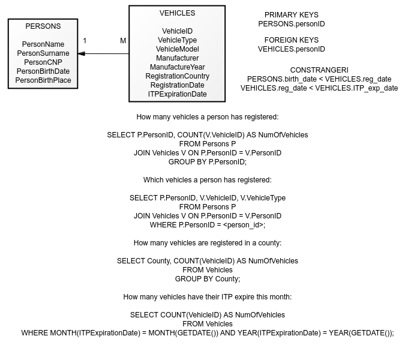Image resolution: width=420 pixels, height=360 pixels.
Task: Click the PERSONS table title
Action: pyautogui.click(x=43, y=26)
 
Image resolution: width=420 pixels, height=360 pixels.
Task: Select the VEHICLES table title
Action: pyautogui.click(x=178, y=13)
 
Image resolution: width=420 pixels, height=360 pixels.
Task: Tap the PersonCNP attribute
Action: pyautogui.click(x=43, y=62)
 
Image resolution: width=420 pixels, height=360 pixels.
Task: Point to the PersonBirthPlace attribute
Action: pyautogui.click(x=43, y=80)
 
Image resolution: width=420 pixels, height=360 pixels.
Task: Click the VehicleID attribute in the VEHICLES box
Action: pyautogui.click(x=178, y=31)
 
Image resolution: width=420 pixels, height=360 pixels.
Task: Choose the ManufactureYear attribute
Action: pyautogui.click(x=178, y=67)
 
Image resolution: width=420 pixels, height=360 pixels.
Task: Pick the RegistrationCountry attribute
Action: pyautogui.click(x=178, y=76)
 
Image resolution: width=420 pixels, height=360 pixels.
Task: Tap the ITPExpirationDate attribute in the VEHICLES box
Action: pyautogui.click(x=178, y=94)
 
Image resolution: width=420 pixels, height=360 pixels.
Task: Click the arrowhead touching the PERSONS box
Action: pyautogui.click(x=81, y=53)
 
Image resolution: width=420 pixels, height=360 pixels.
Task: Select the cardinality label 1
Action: pyautogui.click(x=85, y=41)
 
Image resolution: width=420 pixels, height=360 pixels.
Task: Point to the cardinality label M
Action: pyautogui.click(x=123, y=41)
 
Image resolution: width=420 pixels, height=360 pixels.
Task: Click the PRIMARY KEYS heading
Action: pyautogui.click(x=292, y=15)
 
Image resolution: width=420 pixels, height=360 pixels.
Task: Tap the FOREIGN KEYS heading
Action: pyautogui.click(x=292, y=40)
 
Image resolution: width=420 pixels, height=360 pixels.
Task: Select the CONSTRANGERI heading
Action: pyautogui.click(x=319, y=70)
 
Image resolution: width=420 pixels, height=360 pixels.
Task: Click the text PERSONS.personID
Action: pyautogui.click(x=292, y=24)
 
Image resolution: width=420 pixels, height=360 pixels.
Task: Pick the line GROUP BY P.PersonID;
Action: pyautogui.click(x=208, y=162)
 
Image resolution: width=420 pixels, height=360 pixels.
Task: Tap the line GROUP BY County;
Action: pyautogui.click(x=208, y=279)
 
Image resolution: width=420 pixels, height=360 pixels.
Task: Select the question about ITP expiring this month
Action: pyautogui.click(x=208, y=297)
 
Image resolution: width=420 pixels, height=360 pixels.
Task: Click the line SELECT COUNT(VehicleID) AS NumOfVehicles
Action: pyautogui.click(x=208, y=315)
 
